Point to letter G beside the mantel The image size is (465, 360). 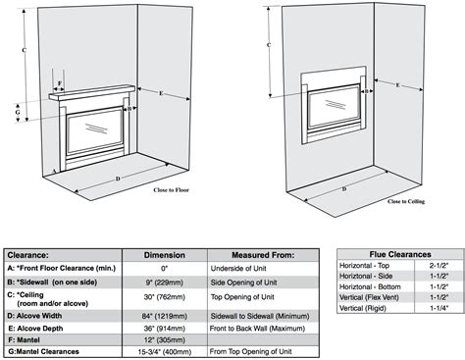point(17,113)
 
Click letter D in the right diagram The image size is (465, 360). point(343,186)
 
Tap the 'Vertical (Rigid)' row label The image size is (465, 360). point(365,309)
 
